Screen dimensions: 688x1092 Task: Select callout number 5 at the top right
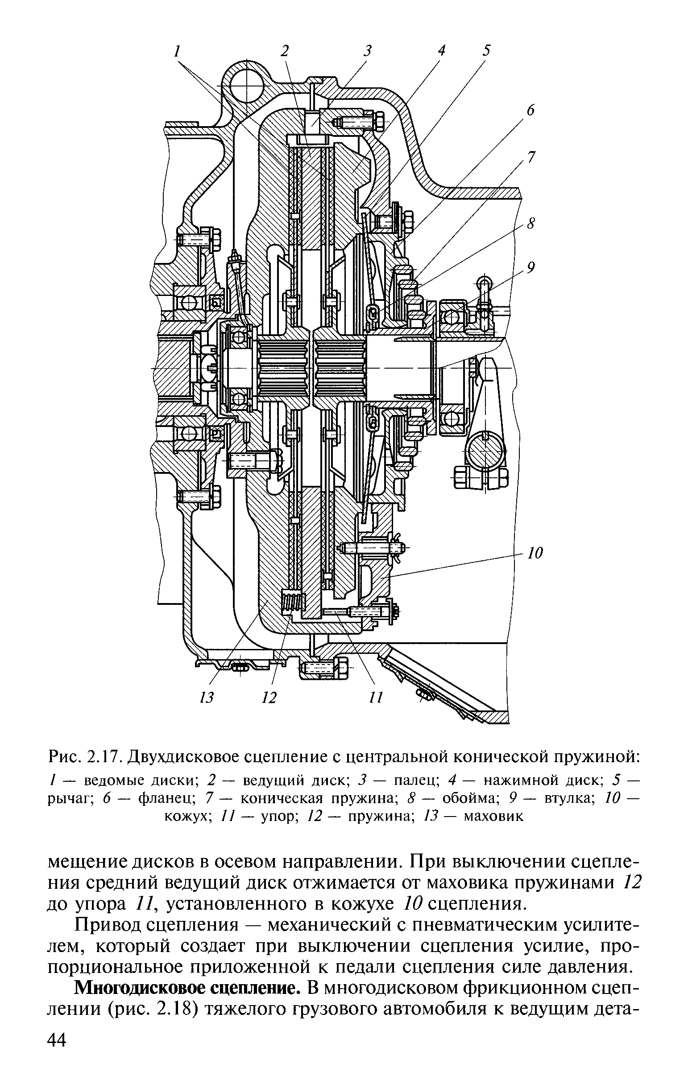pyautogui.click(x=486, y=50)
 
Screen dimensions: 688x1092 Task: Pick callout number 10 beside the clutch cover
pyautogui.click(x=536, y=553)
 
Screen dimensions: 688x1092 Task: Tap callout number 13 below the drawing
pyautogui.click(x=207, y=698)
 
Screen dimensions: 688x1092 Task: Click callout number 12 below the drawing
pyautogui.click(x=269, y=698)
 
